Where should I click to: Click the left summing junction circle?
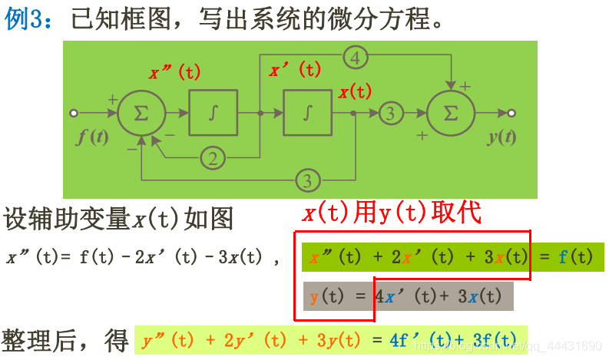(141, 113)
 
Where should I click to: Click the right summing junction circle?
(451, 113)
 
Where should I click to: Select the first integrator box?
(213, 113)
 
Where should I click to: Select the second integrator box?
(308, 113)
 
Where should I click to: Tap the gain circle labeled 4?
(356, 57)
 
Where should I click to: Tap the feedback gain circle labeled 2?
(213, 158)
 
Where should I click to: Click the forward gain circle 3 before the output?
(391, 113)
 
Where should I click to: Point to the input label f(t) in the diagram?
(93, 137)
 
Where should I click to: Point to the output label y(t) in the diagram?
(501, 137)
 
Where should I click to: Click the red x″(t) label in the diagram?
(174, 73)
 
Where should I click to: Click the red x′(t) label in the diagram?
(295, 71)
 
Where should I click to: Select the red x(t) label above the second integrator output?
(355, 92)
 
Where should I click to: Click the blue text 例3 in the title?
(27, 19)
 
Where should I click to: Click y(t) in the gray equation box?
(327, 296)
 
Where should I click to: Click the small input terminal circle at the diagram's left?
(74, 113)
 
